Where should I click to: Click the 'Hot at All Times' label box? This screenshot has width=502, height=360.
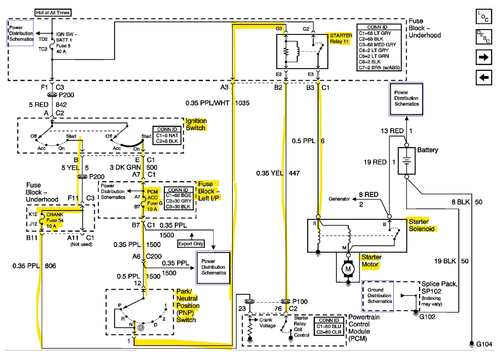tap(53, 12)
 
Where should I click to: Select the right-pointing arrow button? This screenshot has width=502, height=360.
tap(484, 57)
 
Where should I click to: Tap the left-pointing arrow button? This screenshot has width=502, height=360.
tap(484, 77)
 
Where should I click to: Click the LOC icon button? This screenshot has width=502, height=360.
tap(484, 17)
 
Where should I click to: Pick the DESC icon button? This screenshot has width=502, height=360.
tap(484, 37)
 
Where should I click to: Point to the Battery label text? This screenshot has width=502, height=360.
tap(427, 150)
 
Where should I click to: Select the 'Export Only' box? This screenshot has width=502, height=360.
tap(191, 244)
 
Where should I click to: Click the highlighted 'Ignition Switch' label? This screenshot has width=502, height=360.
tap(196, 124)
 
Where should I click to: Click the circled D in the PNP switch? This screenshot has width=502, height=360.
tap(141, 328)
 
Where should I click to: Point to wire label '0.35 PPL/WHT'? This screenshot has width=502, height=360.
tap(207, 103)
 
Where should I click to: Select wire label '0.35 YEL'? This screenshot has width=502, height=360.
tap(270, 173)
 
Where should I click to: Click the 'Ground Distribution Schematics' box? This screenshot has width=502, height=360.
tap(378, 295)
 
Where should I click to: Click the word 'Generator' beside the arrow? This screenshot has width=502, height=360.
tap(340, 199)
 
